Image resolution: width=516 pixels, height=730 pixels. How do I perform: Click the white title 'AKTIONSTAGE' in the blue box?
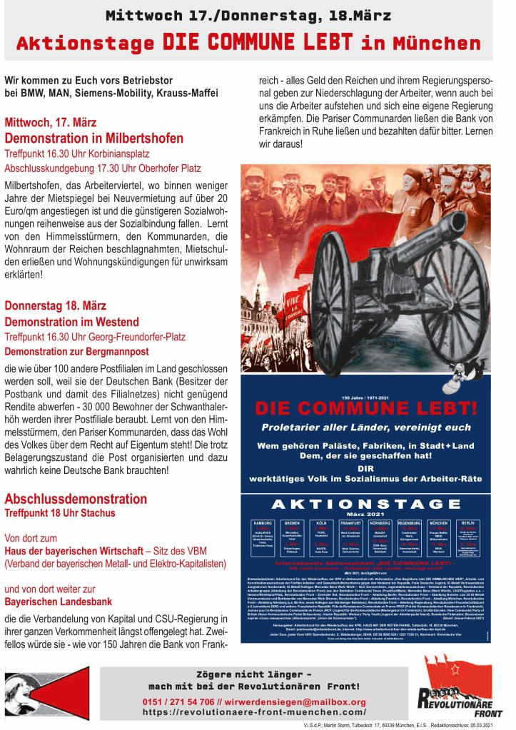367,503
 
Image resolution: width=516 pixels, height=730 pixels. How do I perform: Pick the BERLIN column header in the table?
469,522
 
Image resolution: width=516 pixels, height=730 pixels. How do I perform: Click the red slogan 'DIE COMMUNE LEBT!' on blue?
366,408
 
